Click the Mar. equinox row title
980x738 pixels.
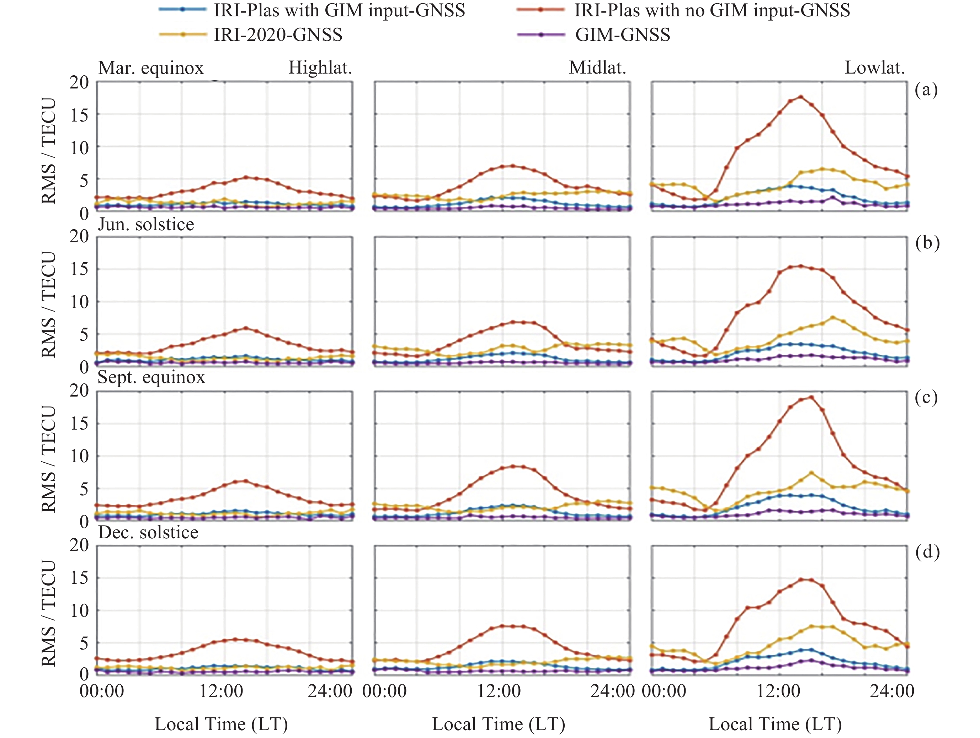tap(151, 68)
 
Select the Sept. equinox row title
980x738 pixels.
tap(151, 377)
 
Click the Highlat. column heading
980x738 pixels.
tap(320, 68)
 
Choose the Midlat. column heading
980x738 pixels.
tap(597, 68)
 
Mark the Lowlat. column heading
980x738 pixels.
tap(874, 68)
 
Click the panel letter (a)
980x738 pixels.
tap(926, 90)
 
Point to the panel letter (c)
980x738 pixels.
tap(926, 398)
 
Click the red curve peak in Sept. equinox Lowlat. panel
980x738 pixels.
tap(811, 397)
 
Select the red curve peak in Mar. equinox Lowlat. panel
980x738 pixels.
tap(800, 97)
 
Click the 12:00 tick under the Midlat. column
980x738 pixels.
tap(499, 691)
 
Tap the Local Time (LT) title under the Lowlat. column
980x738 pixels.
tap(775, 724)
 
